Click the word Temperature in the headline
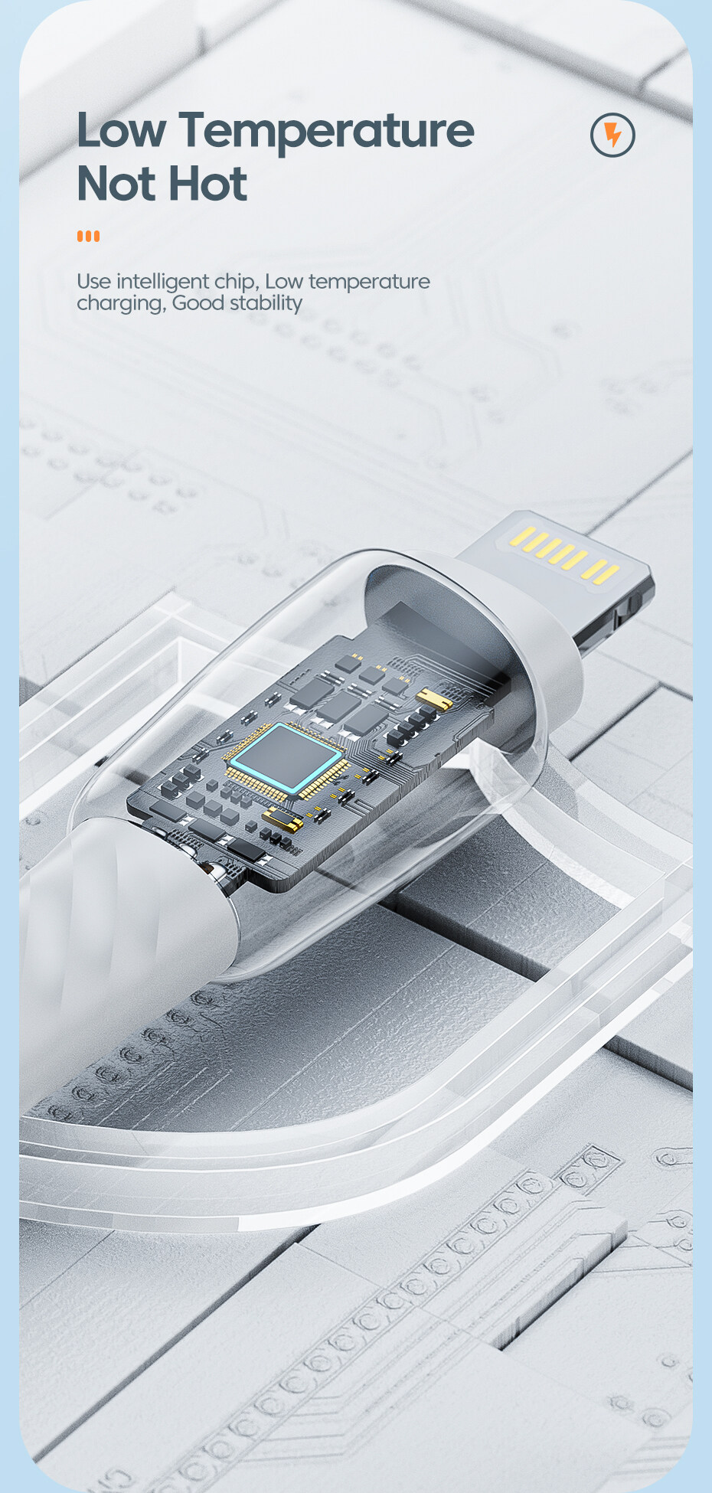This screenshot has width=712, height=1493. [327, 132]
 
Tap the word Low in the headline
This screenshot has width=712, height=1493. [121, 130]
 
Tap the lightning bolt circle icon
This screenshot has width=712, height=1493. [612, 135]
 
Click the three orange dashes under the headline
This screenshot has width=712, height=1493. [88, 236]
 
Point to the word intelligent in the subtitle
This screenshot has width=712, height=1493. [163, 282]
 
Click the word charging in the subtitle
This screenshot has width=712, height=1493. [120, 304]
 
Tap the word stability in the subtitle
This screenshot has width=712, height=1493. [266, 303]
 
